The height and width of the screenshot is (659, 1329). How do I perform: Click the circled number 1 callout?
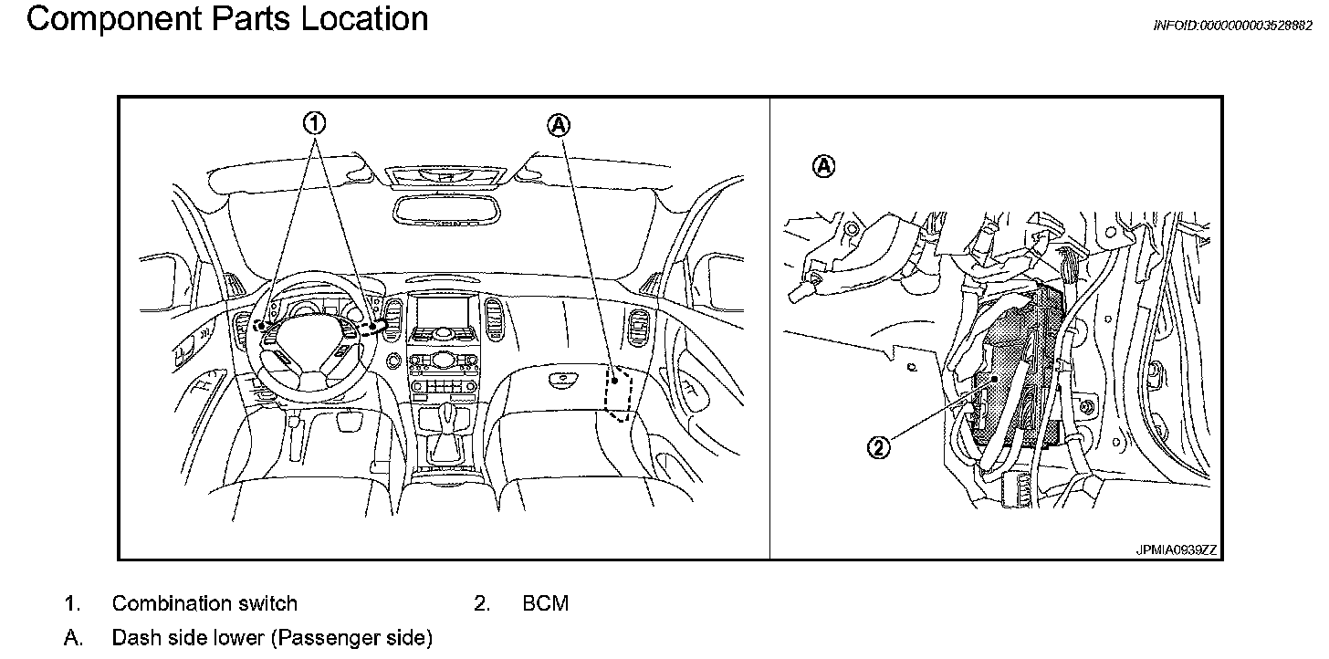click(x=315, y=122)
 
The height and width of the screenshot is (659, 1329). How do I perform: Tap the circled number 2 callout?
click(x=878, y=447)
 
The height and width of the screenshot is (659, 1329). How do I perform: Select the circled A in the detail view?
click(x=823, y=166)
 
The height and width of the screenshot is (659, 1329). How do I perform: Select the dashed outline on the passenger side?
click(x=620, y=393)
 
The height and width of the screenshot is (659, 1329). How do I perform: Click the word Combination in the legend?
click(x=164, y=603)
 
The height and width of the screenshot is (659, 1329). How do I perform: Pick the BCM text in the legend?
click(x=546, y=603)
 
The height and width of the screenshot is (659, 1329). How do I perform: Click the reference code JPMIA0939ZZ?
click(x=1177, y=550)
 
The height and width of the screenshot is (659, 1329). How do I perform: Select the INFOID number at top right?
click(x=1232, y=26)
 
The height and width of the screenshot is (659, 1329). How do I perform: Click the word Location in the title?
click(x=364, y=19)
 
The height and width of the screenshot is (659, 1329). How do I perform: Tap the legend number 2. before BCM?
click(x=482, y=603)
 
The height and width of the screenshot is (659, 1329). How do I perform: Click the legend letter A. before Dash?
click(x=73, y=637)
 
